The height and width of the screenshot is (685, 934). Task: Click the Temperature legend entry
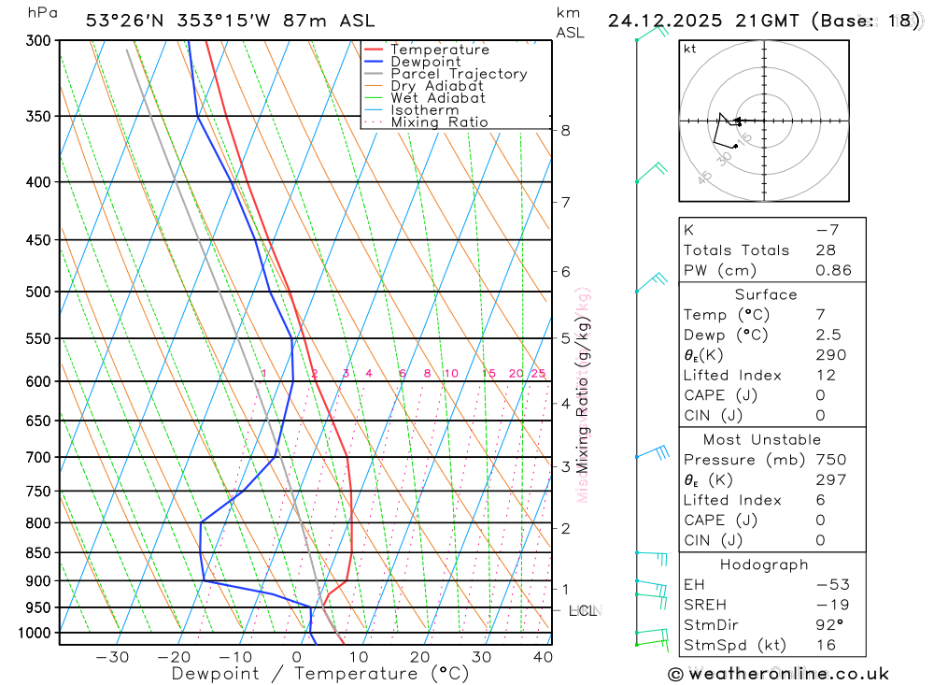439,50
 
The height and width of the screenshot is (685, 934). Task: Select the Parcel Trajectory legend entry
459,74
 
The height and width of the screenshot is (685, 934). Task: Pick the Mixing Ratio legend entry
439,122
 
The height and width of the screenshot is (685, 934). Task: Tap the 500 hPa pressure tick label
38,292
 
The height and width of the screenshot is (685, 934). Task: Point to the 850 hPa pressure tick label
38,553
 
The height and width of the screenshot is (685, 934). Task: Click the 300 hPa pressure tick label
38,41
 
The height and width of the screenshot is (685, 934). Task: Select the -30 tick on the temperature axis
112,657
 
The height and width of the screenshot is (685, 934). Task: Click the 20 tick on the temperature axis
420,657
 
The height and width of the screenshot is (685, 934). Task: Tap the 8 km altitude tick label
566,131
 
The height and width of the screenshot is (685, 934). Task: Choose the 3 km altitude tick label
566,466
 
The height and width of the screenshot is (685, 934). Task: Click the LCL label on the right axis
583,611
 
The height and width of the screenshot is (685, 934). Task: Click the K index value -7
823,230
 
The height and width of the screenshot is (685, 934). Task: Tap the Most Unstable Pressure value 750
830,460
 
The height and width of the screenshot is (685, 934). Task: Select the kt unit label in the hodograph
690,49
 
